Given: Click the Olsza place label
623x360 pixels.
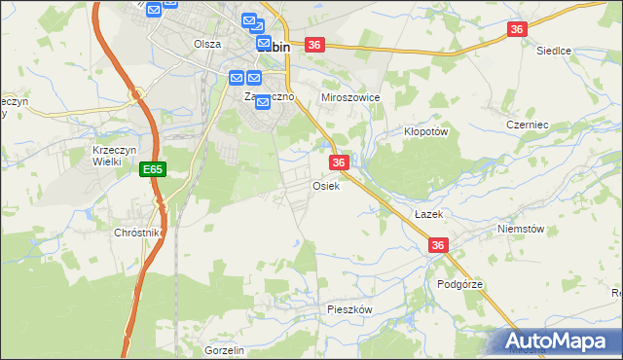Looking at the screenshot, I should pos(207,44).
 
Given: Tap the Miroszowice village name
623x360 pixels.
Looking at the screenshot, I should pos(350,98).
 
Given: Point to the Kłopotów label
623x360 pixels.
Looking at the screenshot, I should pos(425,130).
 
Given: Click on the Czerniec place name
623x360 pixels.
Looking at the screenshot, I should pos(529,125).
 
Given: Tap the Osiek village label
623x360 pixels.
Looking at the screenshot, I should pos(325,186).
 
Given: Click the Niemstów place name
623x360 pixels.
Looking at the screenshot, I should pos(517,229).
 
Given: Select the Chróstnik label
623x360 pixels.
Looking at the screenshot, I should pos(136,234).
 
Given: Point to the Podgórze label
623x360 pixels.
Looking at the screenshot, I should pos(459,284).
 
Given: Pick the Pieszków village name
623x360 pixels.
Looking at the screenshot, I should pos(349,308).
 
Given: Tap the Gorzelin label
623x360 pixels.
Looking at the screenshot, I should pos(224,350).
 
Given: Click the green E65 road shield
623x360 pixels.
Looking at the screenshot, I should pos(152,169).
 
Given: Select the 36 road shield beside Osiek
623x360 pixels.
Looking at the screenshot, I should pos(339,162).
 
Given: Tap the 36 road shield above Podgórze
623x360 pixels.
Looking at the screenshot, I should pos(438,246).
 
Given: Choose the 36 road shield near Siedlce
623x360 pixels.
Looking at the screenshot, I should pos(517,30).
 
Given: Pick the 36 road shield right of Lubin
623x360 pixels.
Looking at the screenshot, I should pos(313,45).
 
